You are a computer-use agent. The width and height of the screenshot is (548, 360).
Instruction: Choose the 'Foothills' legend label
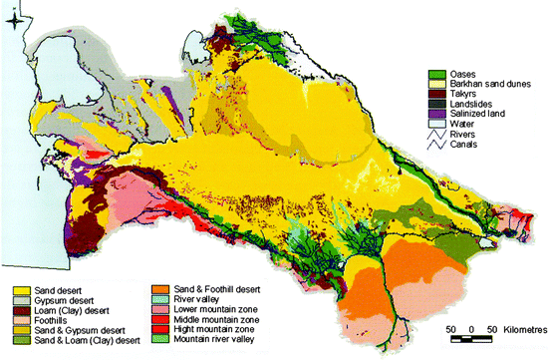[50, 322]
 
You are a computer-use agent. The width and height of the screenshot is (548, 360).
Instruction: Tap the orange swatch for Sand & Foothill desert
[164, 288]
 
